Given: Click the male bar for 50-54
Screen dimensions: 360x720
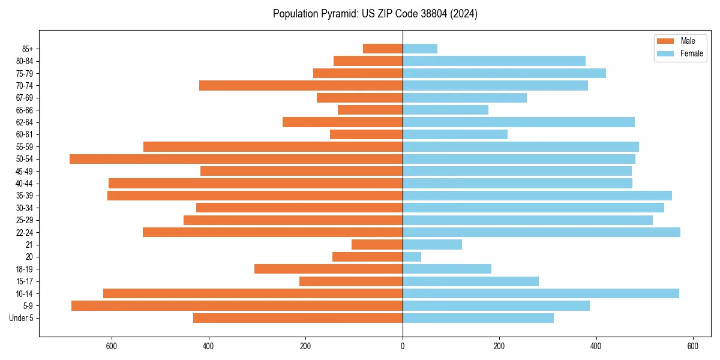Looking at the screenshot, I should point(236,159).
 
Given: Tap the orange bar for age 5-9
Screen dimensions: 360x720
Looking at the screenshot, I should point(237,305).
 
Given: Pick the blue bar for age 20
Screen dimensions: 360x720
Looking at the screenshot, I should point(412,257).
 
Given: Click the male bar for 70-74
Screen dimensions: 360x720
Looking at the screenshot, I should point(301,85).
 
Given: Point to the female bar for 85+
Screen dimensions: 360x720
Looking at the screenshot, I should point(420,49).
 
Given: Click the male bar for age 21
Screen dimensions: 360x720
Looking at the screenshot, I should point(377,244).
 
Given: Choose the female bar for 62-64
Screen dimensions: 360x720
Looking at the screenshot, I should point(518,122).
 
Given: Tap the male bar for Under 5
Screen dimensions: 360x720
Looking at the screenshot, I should point(298,318).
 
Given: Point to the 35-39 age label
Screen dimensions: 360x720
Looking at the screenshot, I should point(25,196).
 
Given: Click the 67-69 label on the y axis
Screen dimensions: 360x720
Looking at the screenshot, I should point(25,98).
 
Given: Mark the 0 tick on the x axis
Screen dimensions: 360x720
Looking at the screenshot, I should point(403,346).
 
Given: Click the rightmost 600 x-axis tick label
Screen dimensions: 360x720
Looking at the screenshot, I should point(693,346).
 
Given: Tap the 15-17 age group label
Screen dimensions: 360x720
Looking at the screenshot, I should point(25,281).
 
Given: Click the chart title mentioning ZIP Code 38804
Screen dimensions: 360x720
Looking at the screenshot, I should point(375,14).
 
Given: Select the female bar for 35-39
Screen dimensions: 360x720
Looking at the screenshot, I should point(537,196).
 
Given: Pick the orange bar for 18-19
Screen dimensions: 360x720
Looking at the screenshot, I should point(328,269).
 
